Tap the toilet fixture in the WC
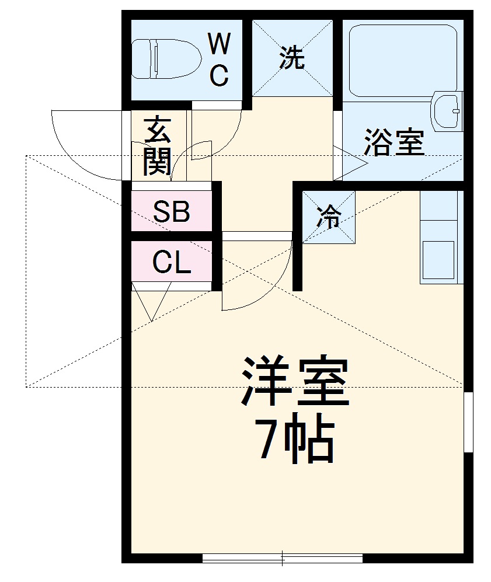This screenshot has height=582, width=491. click(x=166, y=58)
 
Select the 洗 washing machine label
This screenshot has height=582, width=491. click(x=291, y=58)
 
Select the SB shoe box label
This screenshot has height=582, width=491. click(x=171, y=212)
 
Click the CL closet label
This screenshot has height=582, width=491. click(x=171, y=263)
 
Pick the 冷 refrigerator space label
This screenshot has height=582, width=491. click(x=328, y=218)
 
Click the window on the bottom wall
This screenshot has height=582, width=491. click(x=283, y=557)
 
